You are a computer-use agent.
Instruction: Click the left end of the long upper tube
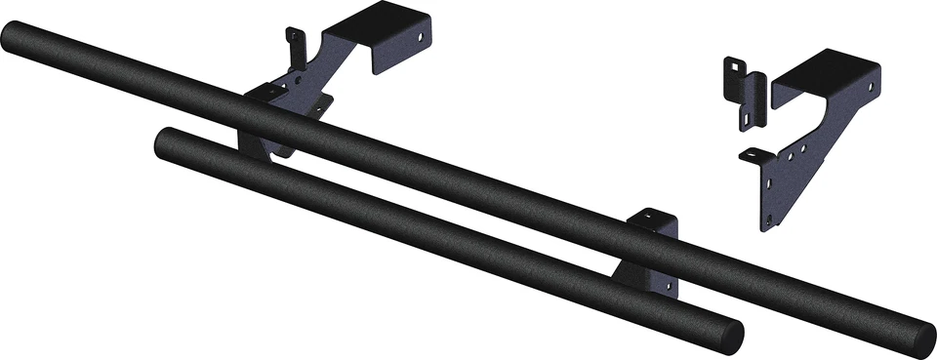(x=14, y=40)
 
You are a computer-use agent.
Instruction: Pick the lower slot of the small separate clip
(x=747, y=116)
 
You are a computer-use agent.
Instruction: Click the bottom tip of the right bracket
(x=769, y=224)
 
